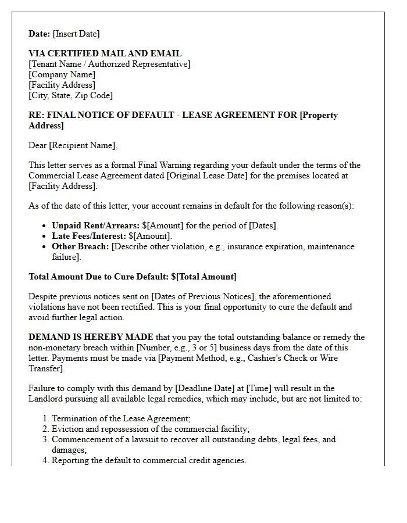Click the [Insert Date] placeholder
click(x=76, y=34)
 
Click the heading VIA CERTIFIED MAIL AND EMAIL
click(x=105, y=53)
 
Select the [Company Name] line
click(x=62, y=74)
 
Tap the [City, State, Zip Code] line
click(x=70, y=95)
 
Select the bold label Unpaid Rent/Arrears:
click(x=95, y=225)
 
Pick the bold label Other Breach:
click(x=80, y=246)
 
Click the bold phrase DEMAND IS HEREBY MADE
click(x=91, y=337)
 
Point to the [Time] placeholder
click(x=260, y=388)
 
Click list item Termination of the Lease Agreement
click(x=121, y=418)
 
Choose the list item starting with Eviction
click(x=151, y=429)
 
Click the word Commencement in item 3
click(x=80, y=439)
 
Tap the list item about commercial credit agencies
click(x=149, y=460)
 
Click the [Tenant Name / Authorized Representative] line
click(x=109, y=64)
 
